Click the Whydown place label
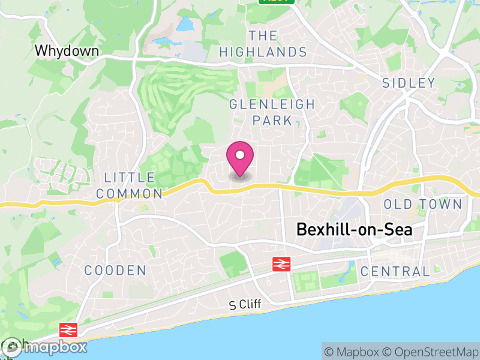point(67,51)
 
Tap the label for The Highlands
point(263,44)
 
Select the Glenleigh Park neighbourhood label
point(272,112)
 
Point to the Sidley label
point(409,83)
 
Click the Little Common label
point(129,185)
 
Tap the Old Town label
point(422,205)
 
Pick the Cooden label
point(115,271)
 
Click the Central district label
point(395,271)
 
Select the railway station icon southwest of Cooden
point(67,329)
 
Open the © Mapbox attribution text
point(352,352)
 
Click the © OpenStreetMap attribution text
point(430,352)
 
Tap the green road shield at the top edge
point(277,2)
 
